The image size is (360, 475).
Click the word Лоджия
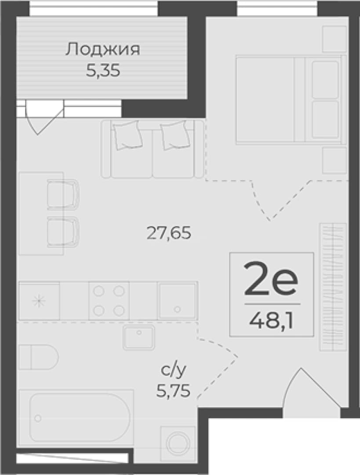(103, 49)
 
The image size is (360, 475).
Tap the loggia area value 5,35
(103, 71)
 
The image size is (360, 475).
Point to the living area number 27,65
(169, 233)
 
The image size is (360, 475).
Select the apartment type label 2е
(271, 279)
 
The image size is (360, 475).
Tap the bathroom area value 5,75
(173, 391)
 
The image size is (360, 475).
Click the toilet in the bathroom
(38, 357)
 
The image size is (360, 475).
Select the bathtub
(76, 418)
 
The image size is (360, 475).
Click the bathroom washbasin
(138, 337)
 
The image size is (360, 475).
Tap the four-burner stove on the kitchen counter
(109, 300)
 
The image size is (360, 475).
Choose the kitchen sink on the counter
(178, 301)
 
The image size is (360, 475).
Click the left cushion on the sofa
(127, 135)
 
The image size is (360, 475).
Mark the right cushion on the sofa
(175, 135)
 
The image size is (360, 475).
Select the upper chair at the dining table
(63, 194)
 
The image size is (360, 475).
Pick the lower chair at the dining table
(63, 232)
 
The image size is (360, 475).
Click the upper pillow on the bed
(325, 80)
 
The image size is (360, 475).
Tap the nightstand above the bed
(334, 39)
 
